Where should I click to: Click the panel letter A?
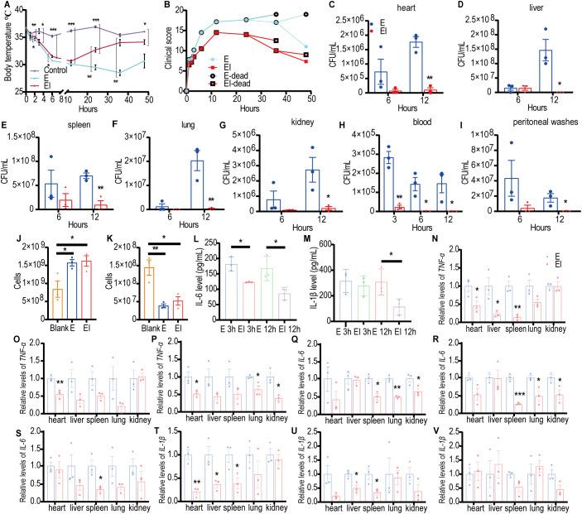[7, 7]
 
